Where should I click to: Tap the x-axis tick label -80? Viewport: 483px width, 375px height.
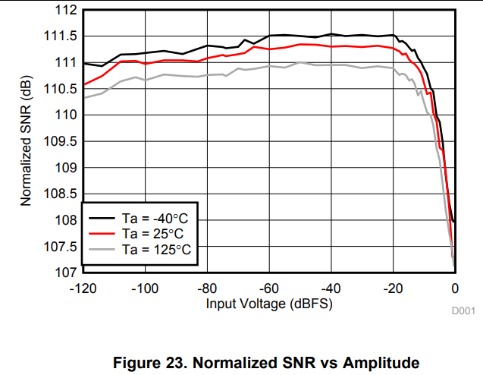(206, 288)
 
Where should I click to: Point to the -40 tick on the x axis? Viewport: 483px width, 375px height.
(331, 288)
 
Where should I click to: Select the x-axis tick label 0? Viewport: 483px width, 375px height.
(455, 288)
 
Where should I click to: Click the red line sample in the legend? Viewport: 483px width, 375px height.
(100, 233)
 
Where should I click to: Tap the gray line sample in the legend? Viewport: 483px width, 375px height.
(100, 249)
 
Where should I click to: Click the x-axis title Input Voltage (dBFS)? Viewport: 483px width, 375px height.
(268, 304)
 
